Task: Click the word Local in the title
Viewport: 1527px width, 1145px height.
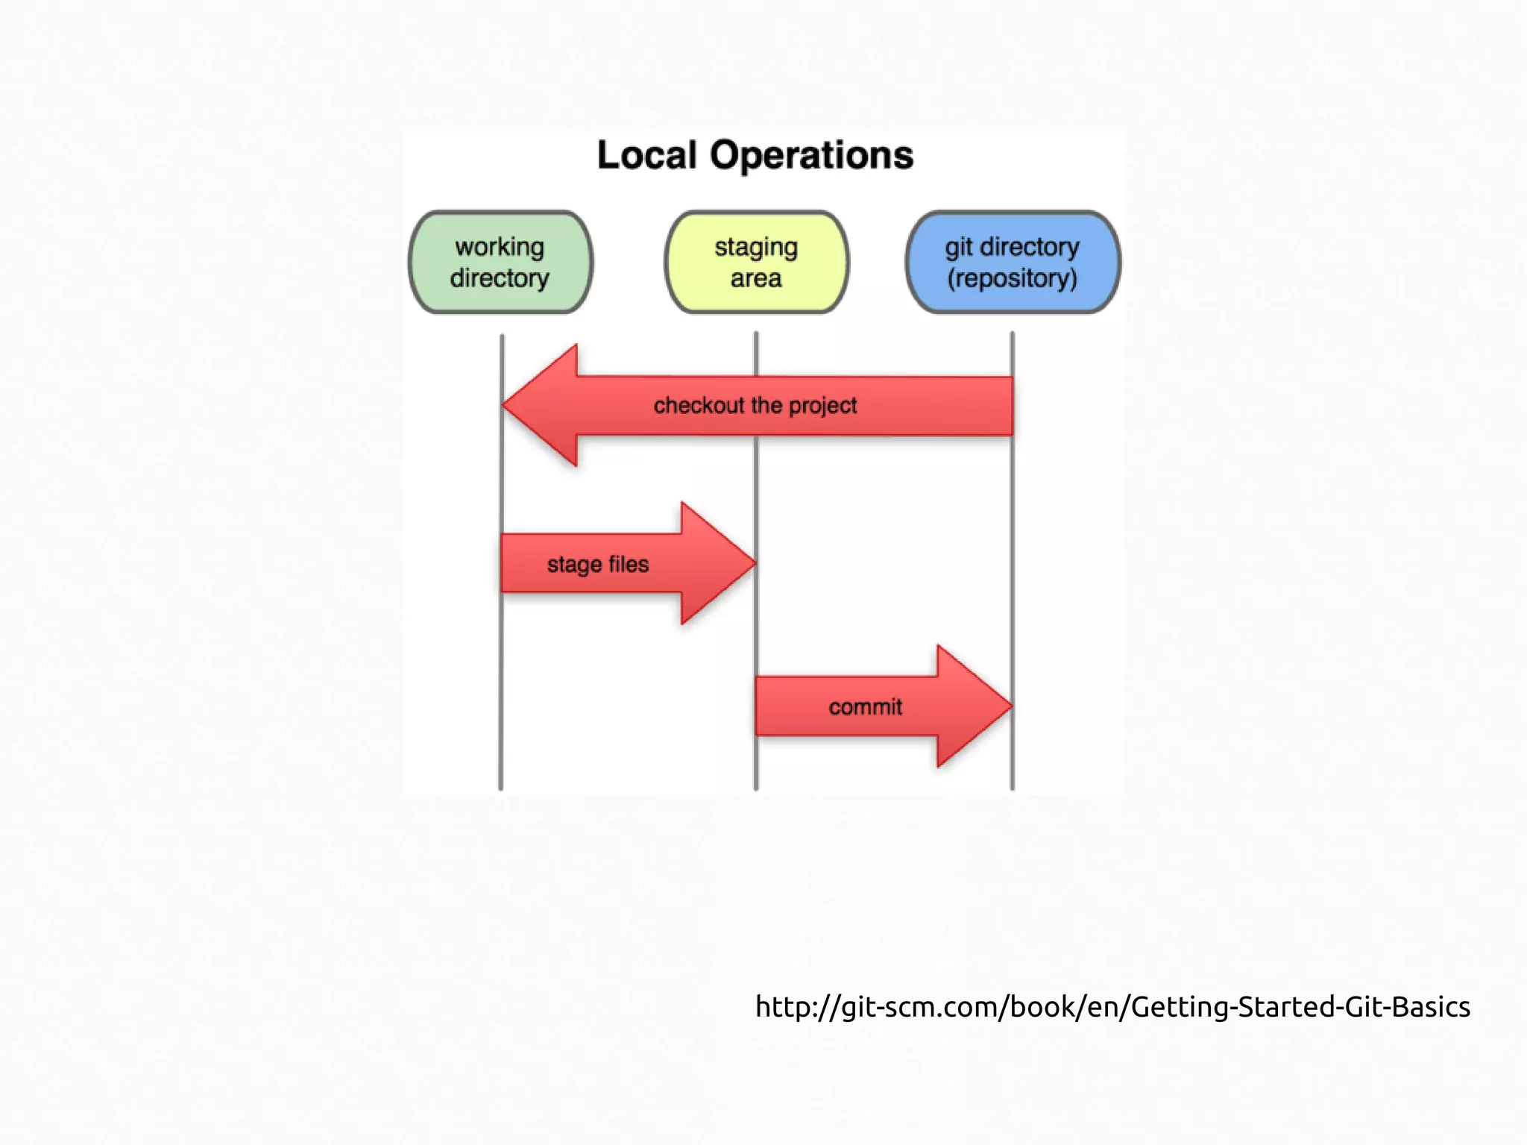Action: [x=646, y=156]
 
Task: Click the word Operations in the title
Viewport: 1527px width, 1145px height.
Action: [x=811, y=156]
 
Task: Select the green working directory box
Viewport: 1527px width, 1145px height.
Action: [x=500, y=262]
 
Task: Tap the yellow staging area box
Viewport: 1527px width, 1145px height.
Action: [x=756, y=262]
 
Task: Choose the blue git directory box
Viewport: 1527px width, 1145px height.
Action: [x=1013, y=262]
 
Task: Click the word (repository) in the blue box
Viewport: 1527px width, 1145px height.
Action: [x=1013, y=278]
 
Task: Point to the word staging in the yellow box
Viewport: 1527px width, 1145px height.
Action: [x=756, y=247]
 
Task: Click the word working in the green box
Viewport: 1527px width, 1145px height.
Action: [x=500, y=246]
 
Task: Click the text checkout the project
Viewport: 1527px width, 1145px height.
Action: [x=755, y=405]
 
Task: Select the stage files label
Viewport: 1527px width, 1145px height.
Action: [x=597, y=564]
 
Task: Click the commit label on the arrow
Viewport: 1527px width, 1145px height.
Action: [x=865, y=706]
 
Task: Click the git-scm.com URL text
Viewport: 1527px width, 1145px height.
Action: [x=1112, y=1007]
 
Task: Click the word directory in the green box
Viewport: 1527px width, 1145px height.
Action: [x=500, y=278]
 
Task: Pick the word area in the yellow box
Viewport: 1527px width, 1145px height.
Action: [x=756, y=278]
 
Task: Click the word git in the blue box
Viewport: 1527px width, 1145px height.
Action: [x=959, y=247]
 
